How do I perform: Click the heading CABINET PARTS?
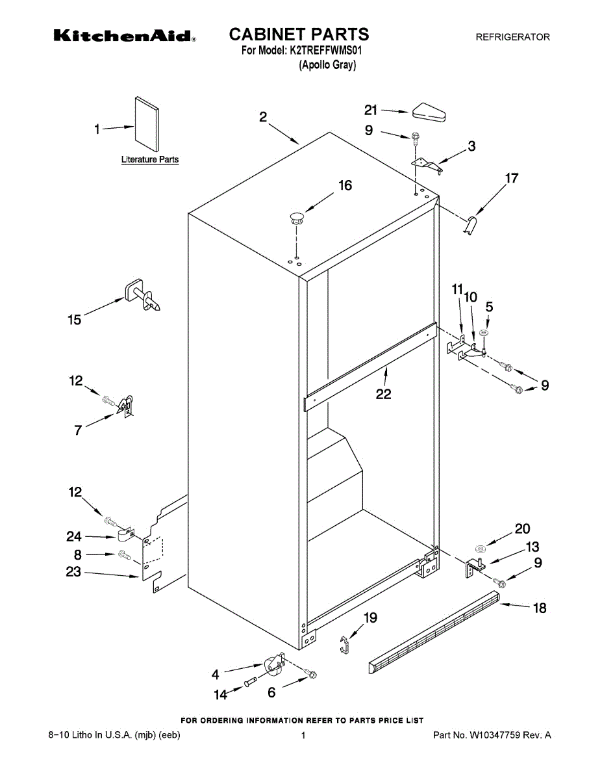click(x=299, y=34)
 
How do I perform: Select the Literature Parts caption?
click(x=150, y=159)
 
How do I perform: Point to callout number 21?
click(x=371, y=110)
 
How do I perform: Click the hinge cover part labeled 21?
click(x=429, y=113)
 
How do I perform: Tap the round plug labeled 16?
click(x=297, y=217)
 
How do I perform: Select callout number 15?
click(x=75, y=319)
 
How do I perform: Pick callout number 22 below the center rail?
click(x=383, y=394)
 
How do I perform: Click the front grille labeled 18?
click(x=435, y=630)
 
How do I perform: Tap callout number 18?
click(x=540, y=608)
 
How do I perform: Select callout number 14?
click(x=221, y=695)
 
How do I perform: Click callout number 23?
click(x=73, y=572)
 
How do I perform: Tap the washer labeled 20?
click(x=478, y=541)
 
